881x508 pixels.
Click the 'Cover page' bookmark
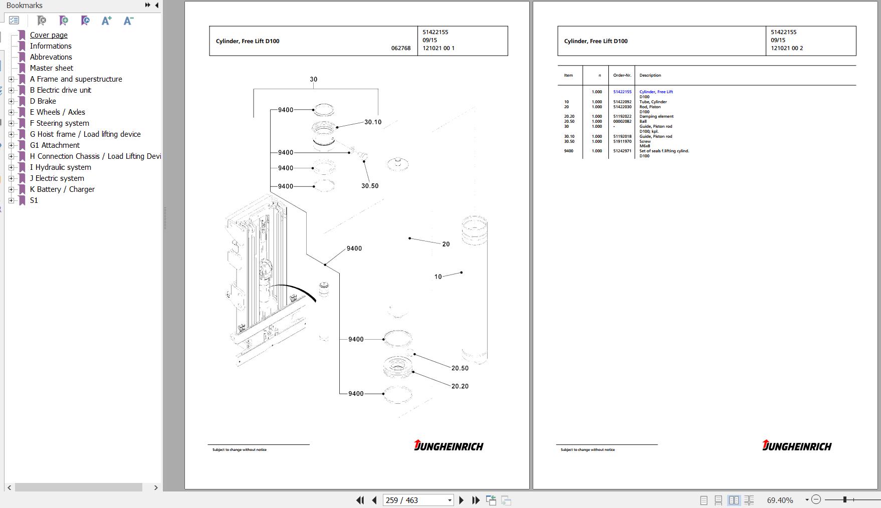point(49,35)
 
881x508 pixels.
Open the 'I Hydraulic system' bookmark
point(60,167)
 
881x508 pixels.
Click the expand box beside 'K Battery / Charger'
point(11,189)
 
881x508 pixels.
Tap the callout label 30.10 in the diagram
point(373,122)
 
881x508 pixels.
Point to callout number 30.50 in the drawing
point(370,186)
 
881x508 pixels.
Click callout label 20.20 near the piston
point(460,386)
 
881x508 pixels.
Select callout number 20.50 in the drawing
point(460,368)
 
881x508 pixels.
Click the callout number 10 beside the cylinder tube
point(438,277)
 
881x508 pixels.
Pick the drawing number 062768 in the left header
point(401,49)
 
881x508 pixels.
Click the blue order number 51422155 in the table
point(622,92)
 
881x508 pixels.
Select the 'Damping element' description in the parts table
point(656,117)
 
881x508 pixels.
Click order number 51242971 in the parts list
point(622,151)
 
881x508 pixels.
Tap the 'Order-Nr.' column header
point(622,76)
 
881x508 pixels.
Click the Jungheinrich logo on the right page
point(797,445)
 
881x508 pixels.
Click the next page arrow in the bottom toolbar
point(462,500)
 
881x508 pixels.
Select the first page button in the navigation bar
point(360,500)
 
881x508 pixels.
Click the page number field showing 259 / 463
point(413,500)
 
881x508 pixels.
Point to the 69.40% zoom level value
point(780,500)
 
